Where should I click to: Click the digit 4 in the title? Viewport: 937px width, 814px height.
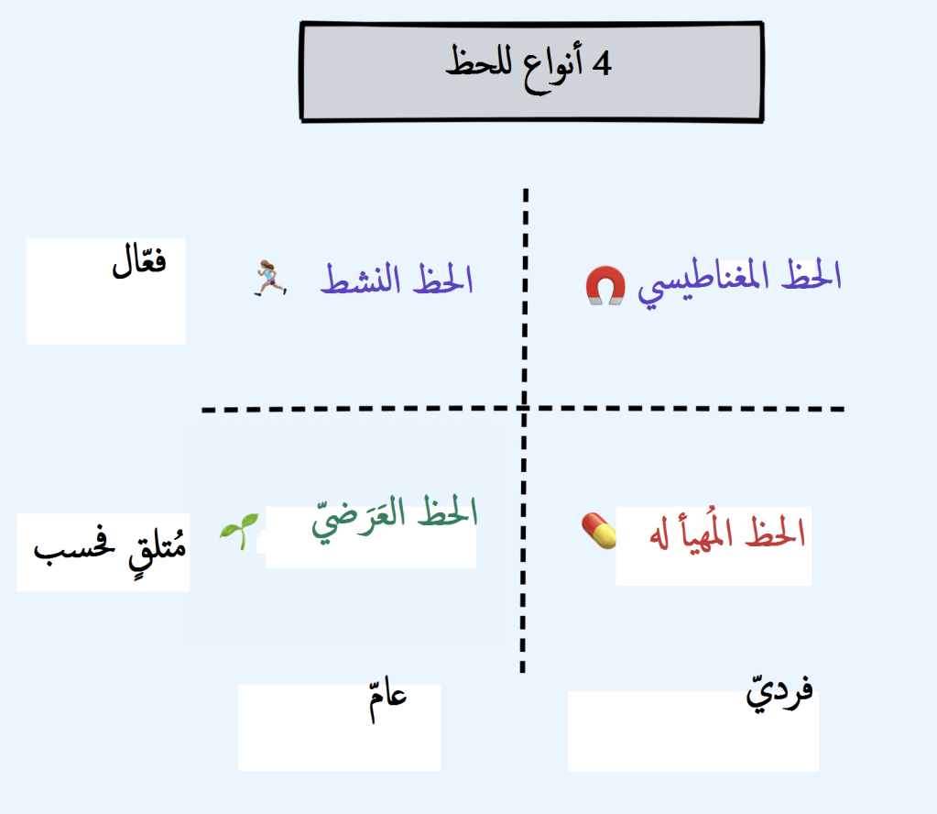[601, 64]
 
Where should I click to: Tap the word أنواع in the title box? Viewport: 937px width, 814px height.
[544, 66]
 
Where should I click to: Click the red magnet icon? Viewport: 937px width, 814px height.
[605, 286]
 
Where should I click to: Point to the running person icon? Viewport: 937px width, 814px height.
[269, 277]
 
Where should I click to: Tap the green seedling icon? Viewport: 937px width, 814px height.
[238, 531]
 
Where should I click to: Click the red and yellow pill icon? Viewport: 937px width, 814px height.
[599, 529]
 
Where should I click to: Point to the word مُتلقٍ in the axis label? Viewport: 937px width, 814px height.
[155, 549]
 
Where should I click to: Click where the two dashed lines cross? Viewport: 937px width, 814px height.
[524, 409]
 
